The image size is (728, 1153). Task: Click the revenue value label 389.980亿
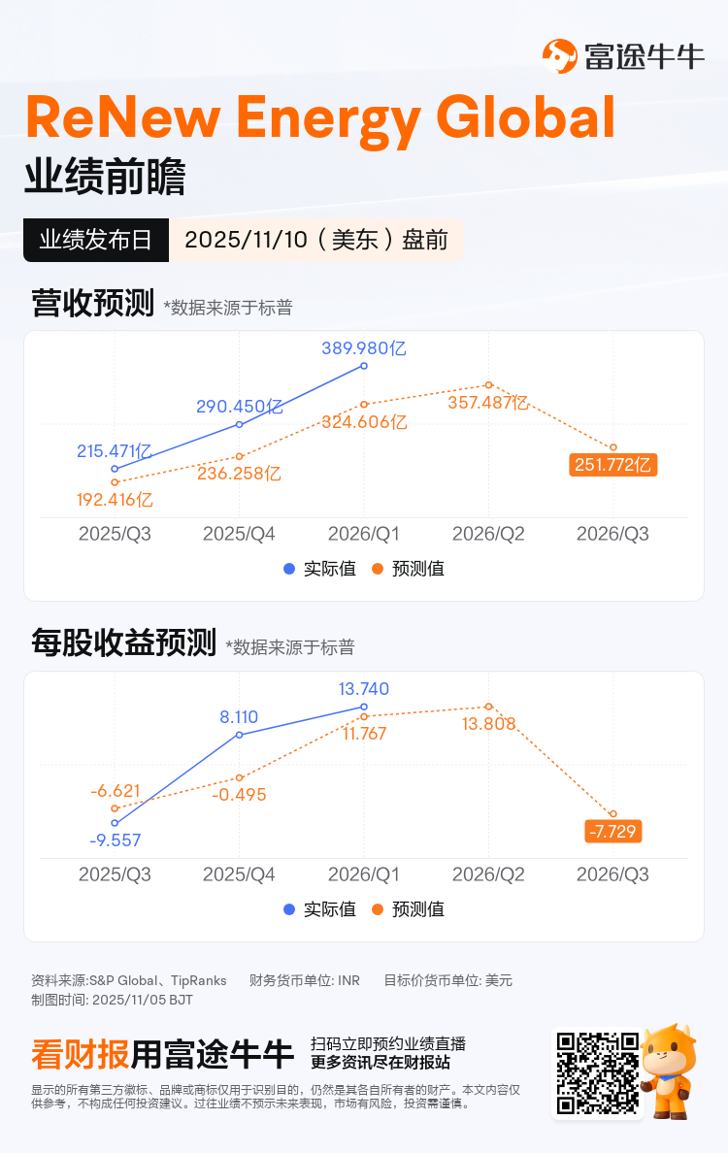364,347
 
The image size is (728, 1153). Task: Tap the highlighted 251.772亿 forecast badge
613,466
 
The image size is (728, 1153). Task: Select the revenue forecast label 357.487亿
488,403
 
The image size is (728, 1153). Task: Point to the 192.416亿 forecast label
115,501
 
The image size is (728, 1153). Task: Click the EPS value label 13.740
364,689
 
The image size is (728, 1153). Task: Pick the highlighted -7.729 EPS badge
613,832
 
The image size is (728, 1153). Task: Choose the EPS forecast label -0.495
239,795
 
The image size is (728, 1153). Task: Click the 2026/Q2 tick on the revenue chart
488,535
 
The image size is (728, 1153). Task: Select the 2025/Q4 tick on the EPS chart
239,875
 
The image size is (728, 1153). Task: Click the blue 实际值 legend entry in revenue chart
319,569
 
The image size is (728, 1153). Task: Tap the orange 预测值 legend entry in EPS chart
409,909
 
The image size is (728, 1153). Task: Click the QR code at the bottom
598,1072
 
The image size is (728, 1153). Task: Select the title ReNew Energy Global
320,119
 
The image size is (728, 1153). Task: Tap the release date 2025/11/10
315,240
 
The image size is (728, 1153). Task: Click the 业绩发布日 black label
96,240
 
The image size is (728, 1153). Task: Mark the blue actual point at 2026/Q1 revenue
364,366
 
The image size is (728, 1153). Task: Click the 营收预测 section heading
92,304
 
